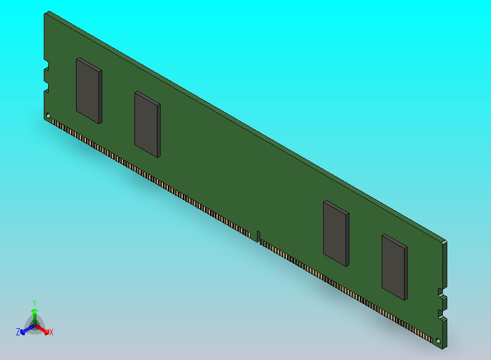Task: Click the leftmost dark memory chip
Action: (x=89, y=90)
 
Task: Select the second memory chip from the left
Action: (x=147, y=124)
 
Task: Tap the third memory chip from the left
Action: (x=336, y=233)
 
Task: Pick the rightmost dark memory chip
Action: (x=394, y=267)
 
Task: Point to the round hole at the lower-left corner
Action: (x=48, y=116)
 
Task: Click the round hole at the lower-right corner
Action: (x=439, y=340)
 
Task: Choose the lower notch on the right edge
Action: (x=441, y=315)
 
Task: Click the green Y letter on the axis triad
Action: (x=34, y=303)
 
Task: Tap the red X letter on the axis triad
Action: (x=51, y=332)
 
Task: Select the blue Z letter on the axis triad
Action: (x=18, y=332)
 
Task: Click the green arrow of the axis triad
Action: (x=34, y=313)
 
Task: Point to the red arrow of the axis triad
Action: (x=44, y=330)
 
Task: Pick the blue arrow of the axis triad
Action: (x=25, y=330)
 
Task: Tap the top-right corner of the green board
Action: (x=446, y=241)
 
